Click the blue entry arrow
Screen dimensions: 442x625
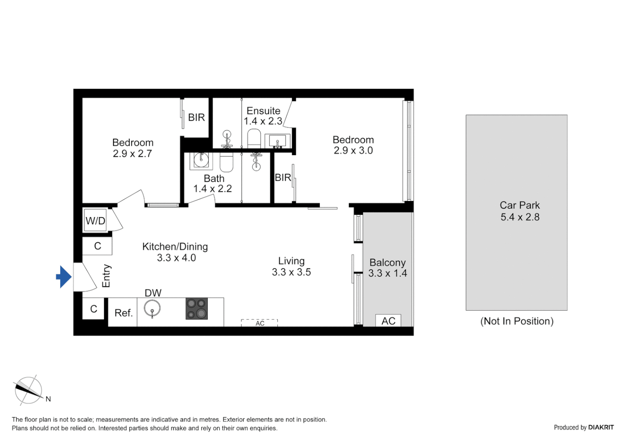(x=64, y=277)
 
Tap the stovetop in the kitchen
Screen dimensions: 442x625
(x=197, y=309)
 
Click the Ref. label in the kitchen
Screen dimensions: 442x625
(x=124, y=313)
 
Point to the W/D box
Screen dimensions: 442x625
(x=95, y=221)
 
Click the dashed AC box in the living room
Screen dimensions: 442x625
(x=259, y=323)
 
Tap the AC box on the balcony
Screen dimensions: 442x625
(x=388, y=321)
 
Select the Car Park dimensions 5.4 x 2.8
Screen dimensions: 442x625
(x=520, y=217)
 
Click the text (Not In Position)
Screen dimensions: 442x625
(x=517, y=321)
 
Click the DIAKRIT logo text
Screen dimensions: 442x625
(x=600, y=427)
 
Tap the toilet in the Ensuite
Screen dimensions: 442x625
(x=254, y=138)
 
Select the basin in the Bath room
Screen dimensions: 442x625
(x=201, y=160)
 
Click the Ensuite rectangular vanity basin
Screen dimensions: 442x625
(x=277, y=141)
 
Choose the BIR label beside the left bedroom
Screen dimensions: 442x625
(x=196, y=117)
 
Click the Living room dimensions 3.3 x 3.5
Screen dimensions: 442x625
(x=291, y=272)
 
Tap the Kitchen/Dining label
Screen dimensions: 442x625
(x=175, y=247)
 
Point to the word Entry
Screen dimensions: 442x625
(x=106, y=275)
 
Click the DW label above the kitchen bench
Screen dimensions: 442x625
(x=153, y=293)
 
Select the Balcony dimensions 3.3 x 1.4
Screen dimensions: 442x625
(x=387, y=273)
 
